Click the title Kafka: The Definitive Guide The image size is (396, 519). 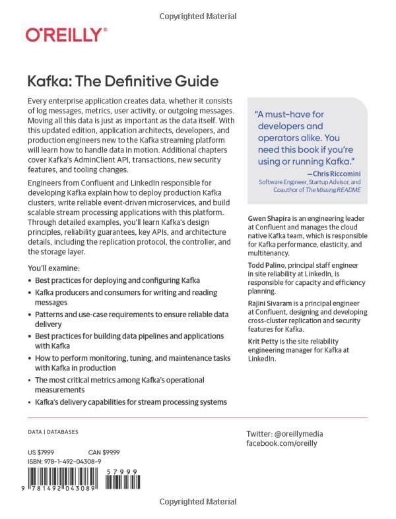[122, 82]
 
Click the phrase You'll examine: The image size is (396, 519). [53, 268]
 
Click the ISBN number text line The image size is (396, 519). [64, 462]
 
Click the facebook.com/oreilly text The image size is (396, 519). [281, 444]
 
